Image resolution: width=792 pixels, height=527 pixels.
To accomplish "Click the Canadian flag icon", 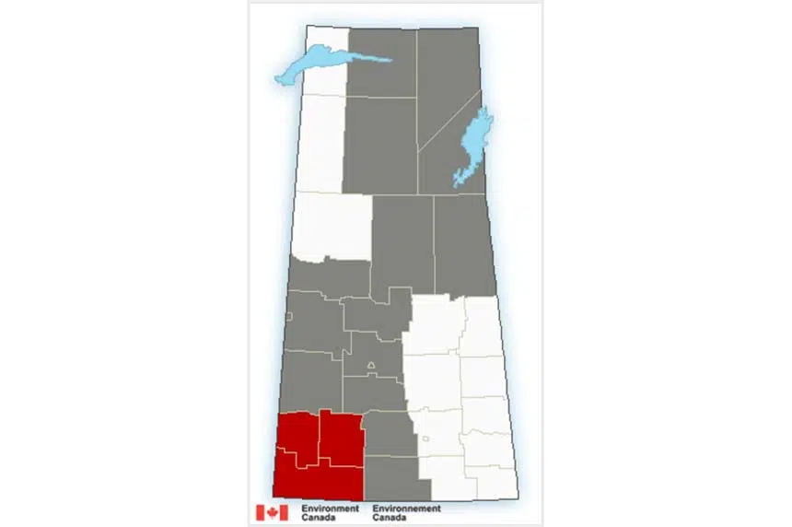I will (272, 512).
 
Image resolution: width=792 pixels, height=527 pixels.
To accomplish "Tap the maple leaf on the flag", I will (272, 512).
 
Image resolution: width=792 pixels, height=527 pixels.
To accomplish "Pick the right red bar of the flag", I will (284, 512).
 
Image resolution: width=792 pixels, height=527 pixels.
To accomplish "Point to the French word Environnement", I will (406, 508).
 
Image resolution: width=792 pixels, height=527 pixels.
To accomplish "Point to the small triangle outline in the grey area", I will (371, 367).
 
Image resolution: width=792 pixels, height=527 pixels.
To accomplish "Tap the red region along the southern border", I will (318, 479).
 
